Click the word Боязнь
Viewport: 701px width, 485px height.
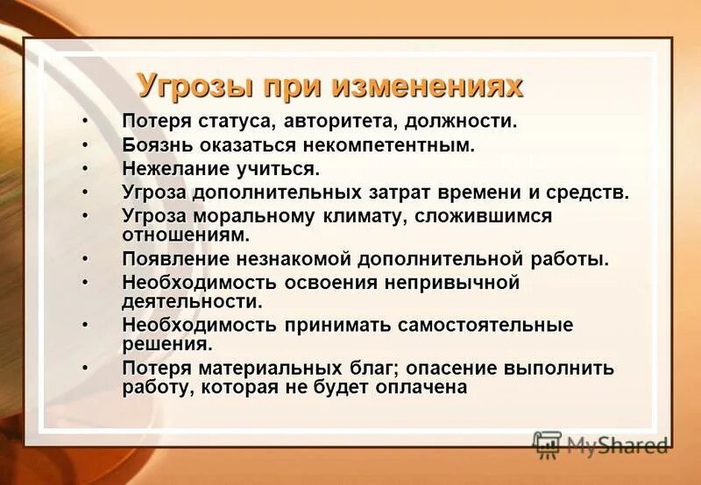158,145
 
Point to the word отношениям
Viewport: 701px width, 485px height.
186,235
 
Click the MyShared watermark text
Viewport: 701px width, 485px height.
617,446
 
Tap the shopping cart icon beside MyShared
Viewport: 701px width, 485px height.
548,446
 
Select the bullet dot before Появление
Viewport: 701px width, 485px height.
86,259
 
